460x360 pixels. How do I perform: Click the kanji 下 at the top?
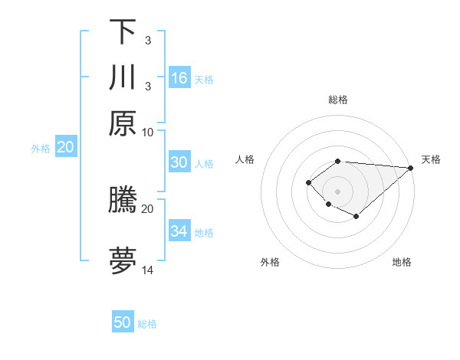point(123,31)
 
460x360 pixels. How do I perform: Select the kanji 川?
point(123,77)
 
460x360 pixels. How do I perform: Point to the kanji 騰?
point(123,200)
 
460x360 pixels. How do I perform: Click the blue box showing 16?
point(179,78)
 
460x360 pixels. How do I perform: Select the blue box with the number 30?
point(179,162)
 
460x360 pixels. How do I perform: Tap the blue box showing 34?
point(179,231)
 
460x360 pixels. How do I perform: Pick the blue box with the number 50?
point(123,322)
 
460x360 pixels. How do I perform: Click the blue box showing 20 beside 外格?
point(65,147)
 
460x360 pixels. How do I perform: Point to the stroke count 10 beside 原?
point(148,132)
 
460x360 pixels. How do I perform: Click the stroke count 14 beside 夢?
point(148,270)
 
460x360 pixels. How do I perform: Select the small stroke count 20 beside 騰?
point(148,208)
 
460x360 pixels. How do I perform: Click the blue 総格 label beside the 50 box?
point(147,324)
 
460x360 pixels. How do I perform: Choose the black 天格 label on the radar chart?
point(432,159)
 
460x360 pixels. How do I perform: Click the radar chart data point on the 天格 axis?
point(410,168)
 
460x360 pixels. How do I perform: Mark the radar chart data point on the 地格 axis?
point(356,218)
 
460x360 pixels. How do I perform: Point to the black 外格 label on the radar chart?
point(270,263)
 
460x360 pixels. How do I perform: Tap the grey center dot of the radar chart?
point(337,191)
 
